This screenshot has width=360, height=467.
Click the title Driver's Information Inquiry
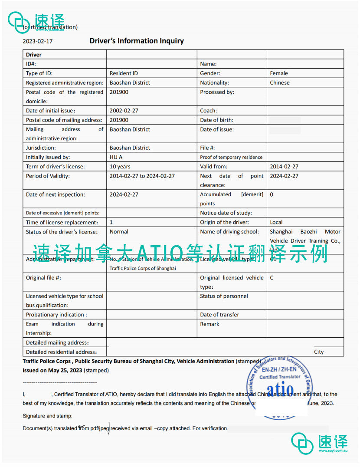point(137,41)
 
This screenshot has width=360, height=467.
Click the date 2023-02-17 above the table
point(38,42)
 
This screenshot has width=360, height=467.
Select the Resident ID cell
point(124,73)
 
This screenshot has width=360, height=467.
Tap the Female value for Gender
point(279,73)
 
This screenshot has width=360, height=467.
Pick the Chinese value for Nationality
point(280,82)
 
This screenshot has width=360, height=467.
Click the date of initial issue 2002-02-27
point(124,111)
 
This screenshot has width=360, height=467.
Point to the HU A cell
point(116,157)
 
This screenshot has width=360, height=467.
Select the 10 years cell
point(120,167)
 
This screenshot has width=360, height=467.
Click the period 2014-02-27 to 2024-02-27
point(142,176)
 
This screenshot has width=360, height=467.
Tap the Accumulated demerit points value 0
point(272,194)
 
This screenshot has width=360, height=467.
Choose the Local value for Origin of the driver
point(276,222)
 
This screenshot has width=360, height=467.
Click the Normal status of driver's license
point(119,232)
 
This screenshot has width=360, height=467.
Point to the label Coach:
point(209,111)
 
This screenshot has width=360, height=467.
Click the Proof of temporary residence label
point(231,157)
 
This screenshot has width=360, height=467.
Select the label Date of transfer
point(219,315)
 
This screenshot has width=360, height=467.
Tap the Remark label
point(209,324)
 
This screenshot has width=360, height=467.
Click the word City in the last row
point(319,352)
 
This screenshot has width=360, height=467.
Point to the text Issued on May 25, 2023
point(52,371)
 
